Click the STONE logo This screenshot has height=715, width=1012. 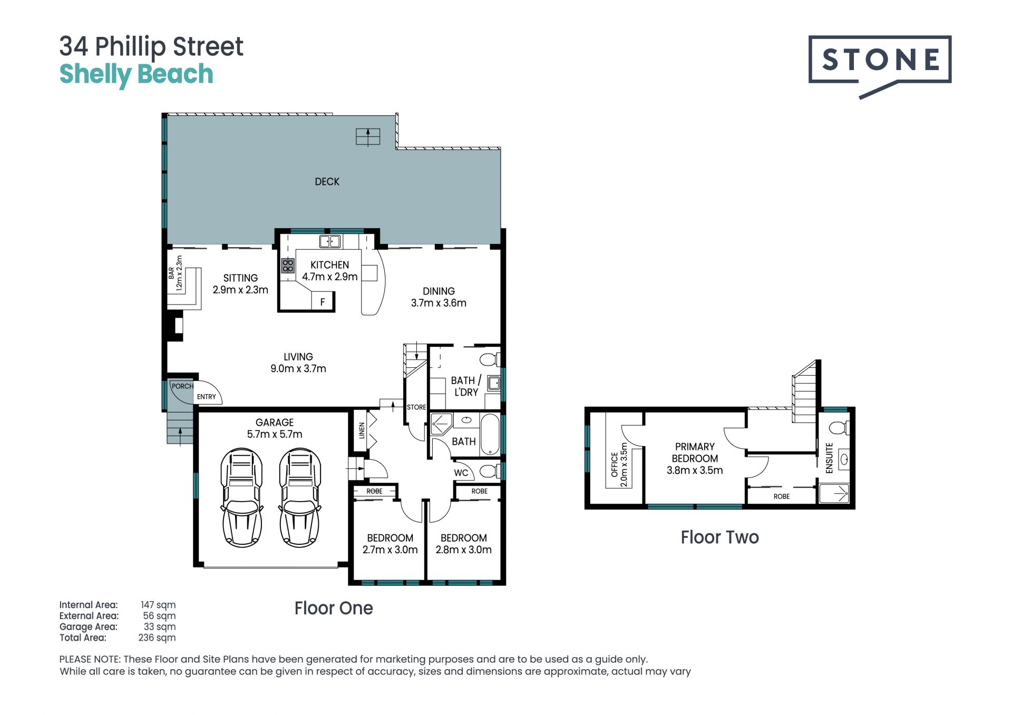point(880,66)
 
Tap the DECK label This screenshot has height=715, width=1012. point(327,182)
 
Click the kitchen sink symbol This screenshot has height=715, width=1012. point(330,242)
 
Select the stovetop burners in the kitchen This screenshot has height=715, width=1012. point(288,266)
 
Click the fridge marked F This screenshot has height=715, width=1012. point(323,302)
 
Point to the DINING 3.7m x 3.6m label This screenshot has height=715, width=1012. point(439,297)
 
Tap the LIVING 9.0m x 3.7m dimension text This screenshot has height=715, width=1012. point(298,363)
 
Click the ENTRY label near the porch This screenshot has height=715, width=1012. point(207,397)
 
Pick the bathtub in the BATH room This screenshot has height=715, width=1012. point(490,434)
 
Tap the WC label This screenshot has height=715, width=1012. point(461,473)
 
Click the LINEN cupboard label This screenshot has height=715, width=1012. point(362,430)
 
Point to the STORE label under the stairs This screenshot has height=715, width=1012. point(416,407)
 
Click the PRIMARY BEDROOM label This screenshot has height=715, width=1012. point(695,453)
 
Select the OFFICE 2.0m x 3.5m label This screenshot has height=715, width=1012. point(619,464)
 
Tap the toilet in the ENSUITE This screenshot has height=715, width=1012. point(840,427)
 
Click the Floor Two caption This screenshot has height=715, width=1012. point(719,537)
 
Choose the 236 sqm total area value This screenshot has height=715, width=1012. point(157,638)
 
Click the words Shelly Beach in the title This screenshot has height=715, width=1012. point(136,74)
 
